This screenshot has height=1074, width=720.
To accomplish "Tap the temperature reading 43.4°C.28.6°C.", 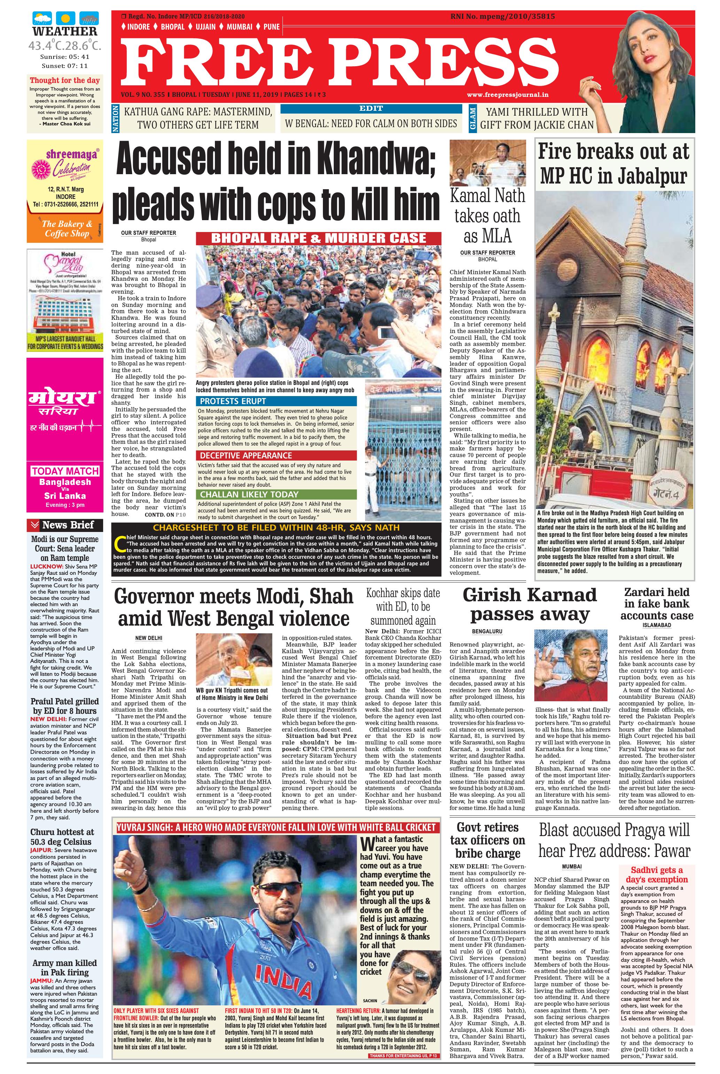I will click(64, 46).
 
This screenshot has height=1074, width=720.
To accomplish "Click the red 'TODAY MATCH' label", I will click(65, 471).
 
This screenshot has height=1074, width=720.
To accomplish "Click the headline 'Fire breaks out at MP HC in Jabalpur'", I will click(614, 163).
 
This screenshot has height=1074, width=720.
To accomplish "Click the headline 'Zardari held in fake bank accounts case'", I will click(656, 603).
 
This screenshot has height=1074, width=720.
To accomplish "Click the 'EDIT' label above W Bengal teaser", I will click(371, 108).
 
